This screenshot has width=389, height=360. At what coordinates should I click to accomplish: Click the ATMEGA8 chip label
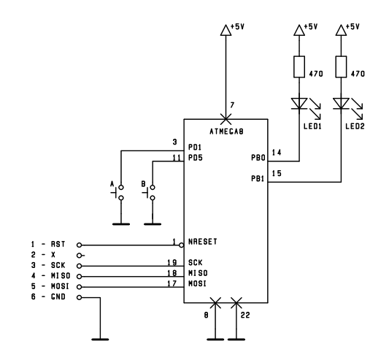click(226, 131)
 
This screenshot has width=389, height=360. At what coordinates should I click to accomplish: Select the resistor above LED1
click(299, 66)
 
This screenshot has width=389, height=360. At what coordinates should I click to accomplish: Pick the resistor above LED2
click(341, 66)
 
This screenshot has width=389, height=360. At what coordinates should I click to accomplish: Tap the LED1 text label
click(312, 126)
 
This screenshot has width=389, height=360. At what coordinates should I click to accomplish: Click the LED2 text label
click(355, 126)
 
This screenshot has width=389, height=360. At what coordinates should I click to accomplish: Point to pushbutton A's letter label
click(112, 184)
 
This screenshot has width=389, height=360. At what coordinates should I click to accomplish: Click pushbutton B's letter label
click(143, 184)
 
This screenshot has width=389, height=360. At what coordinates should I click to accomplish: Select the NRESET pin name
click(203, 242)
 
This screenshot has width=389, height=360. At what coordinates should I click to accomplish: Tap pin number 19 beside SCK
click(172, 262)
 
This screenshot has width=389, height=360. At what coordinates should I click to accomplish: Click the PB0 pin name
click(258, 158)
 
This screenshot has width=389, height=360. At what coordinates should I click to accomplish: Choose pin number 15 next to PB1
click(277, 173)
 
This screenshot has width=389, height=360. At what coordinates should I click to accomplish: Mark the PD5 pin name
click(196, 158)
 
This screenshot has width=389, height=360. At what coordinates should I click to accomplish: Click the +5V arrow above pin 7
click(226, 30)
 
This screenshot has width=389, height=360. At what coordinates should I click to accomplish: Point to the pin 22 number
click(245, 315)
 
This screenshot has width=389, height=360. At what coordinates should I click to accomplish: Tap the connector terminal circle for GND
click(79, 297)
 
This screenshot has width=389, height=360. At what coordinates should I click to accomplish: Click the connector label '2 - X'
click(43, 255)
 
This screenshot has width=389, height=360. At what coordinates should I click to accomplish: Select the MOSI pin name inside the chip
click(197, 283)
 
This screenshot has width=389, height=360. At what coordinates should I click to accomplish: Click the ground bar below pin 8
click(215, 339)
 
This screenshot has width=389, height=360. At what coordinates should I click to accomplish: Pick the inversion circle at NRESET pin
click(181, 245)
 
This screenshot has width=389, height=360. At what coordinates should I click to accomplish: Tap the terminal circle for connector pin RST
click(79, 245)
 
